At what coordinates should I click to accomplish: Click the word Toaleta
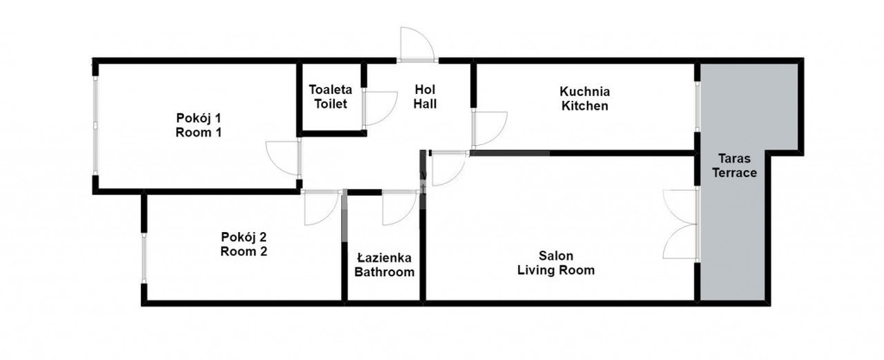(331, 90)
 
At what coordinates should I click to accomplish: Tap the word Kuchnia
(584, 92)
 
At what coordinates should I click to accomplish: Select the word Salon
(555, 256)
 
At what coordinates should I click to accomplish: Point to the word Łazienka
(384, 258)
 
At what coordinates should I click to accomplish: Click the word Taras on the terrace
(734, 158)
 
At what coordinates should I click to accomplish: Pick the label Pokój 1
(199, 118)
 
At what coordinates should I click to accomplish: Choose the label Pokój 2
(243, 237)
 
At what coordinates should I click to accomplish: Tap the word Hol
(425, 89)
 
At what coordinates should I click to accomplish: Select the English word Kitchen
(584, 105)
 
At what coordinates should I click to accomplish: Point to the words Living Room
(556, 270)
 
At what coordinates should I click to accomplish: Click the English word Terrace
(734, 173)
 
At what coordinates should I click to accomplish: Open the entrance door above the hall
(417, 44)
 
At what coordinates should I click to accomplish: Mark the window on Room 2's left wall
(144, 258)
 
